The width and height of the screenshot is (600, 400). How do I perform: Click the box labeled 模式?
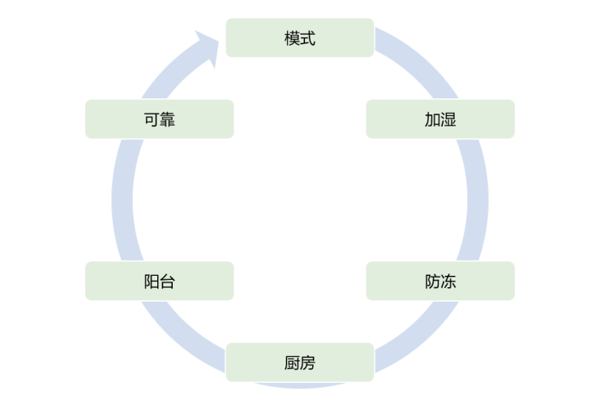(x=300, y=38)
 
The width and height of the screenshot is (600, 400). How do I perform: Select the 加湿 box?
(x=440, y=119)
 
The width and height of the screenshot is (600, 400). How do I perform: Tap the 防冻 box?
(x=440, y=281)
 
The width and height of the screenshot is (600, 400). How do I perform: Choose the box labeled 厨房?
(x=300, y=362)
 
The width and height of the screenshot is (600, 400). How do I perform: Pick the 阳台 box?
(x=160, y=281)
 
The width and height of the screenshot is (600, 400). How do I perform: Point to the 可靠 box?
(x=160, y=119)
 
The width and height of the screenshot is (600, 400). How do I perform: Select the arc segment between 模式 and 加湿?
(x=420, y=61)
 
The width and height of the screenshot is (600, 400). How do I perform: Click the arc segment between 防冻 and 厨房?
(x=420, y=338)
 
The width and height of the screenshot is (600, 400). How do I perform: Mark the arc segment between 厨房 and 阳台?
(x=180, y=338)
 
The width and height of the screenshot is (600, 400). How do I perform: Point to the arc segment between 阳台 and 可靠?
(x=122, y=200)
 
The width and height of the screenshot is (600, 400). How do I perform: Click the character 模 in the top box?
(x=292, y=38)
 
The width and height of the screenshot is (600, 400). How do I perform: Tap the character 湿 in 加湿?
(x=448, y=119)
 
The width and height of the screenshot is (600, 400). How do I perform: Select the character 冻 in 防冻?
(x=448, y=282)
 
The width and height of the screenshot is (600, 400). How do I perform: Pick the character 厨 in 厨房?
(x=292, y=363)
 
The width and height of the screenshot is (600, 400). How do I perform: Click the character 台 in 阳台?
(x=168, y=282)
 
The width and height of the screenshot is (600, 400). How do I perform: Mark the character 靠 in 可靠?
(x=168, y=119)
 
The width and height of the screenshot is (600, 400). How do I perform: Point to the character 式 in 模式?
(x=308, y=38)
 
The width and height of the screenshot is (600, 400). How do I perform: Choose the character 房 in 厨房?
(x=308, y=363)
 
